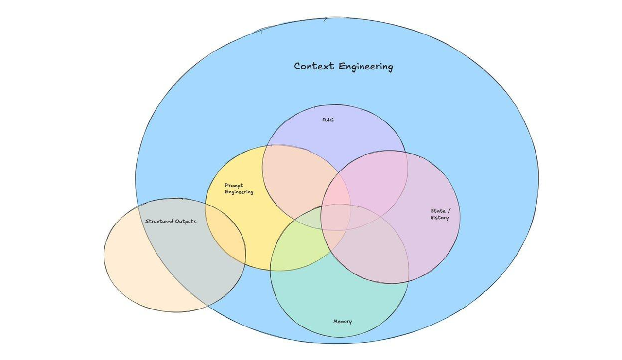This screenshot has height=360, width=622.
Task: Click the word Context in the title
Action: click(314, 66)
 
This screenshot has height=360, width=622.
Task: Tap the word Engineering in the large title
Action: click(365, 67)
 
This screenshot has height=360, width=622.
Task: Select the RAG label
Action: click(328, 120)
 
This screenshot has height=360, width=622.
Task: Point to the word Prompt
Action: click(234, 185)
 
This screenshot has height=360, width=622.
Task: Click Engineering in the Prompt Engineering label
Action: click(239, 192)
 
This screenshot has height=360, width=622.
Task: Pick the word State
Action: click(438, 211)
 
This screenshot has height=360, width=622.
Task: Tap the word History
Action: click(439, 218)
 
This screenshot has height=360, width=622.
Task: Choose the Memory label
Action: click(343, 321)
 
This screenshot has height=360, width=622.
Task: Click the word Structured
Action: click(159, 221)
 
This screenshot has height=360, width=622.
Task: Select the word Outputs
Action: click(186, 221)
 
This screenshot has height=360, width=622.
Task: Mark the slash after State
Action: click(449, 211)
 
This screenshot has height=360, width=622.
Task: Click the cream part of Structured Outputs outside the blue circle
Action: click(131, 272)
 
